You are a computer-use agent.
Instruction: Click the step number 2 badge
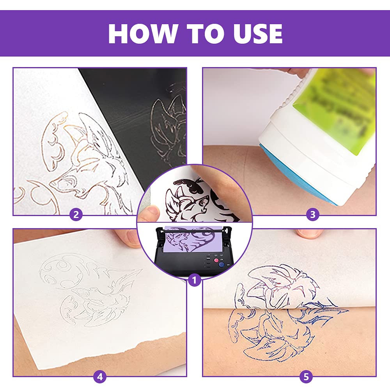[x=76, y=214]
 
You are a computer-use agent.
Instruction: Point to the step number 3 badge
[x=312, y=214]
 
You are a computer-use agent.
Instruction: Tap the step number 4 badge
[x=100, y=377]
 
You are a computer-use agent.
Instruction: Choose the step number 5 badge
[x=306, y=377]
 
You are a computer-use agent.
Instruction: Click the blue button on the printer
[x=221, y=264]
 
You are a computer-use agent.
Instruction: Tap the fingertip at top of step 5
[x=308, y=233]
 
